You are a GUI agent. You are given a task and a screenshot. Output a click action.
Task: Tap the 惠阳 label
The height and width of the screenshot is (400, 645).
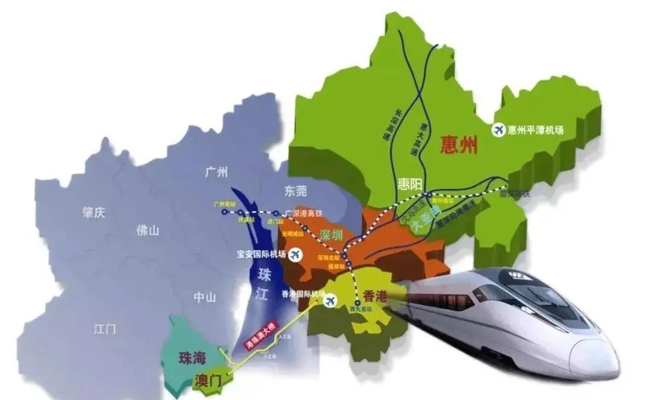[x=411, y=184]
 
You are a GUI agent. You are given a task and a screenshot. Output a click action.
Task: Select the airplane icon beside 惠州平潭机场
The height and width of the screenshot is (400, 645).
[x=499, y=130]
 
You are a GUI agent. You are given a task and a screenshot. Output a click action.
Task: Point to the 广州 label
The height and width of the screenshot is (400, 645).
[x=216, y=173]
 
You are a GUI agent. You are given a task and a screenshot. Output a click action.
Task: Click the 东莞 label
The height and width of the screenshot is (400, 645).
[x=294, y=192]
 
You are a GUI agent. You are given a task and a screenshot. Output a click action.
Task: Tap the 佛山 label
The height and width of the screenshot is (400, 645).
[x=147, y=230]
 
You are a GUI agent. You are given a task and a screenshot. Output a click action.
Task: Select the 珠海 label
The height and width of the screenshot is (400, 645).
[x=192, y=358]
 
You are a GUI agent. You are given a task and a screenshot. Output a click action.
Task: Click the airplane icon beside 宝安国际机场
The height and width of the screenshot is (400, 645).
[x=295, y=255]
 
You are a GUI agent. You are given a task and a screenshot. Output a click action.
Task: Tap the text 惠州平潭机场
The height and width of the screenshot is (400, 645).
[x=536, y=130]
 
